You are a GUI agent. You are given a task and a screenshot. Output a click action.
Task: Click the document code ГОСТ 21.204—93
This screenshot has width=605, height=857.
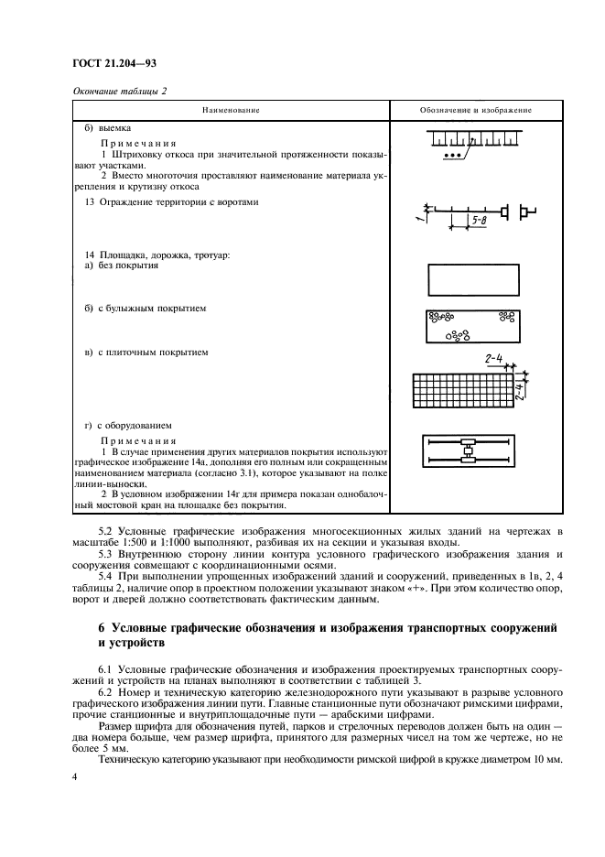pos(107,64)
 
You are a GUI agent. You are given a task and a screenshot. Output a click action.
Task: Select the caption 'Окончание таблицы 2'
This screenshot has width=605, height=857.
pos(118,90)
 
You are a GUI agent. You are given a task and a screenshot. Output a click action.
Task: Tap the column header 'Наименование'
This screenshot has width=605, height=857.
pos(230,110)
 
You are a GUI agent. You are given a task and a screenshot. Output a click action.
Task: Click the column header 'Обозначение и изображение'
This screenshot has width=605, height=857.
pos(476,110)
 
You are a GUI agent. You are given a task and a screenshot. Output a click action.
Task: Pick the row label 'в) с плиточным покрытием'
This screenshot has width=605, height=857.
pos(146,352)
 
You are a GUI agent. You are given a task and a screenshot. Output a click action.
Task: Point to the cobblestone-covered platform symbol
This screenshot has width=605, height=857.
pos(471,325)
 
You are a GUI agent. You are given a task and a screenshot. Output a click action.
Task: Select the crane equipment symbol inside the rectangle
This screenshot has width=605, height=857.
pos(469,452)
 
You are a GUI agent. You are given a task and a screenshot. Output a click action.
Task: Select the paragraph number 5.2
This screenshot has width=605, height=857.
pos(106,531)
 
